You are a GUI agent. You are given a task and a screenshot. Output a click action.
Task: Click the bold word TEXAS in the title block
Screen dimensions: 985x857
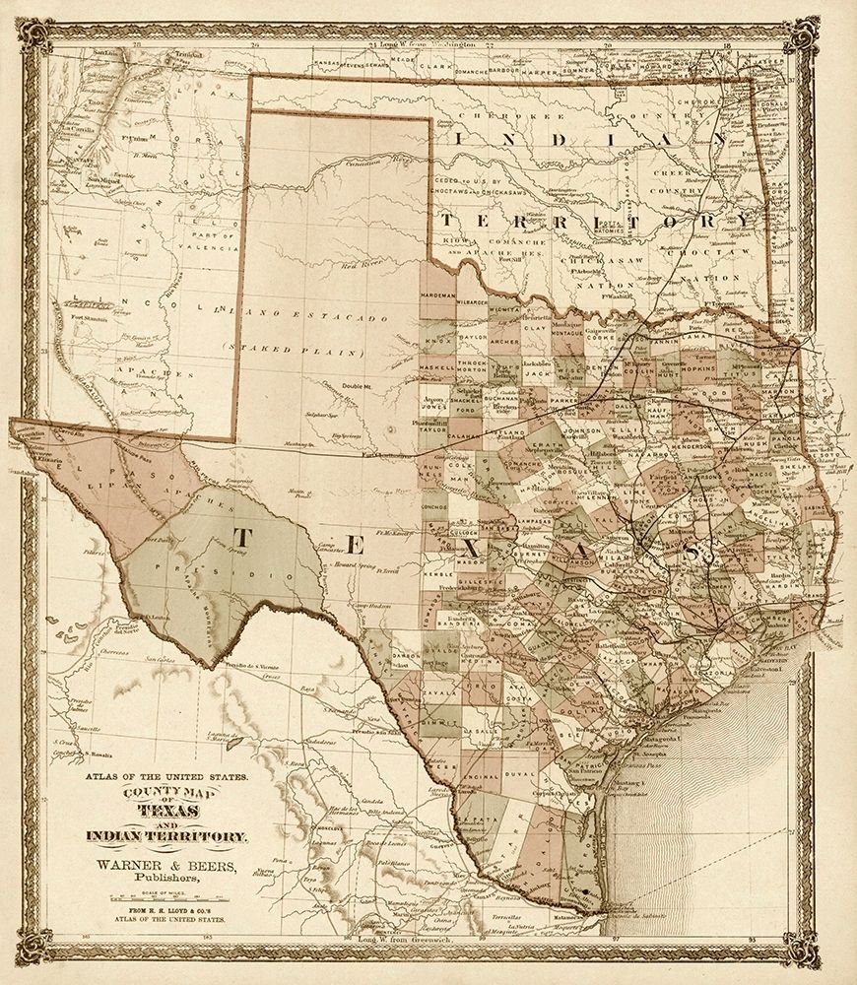point(165,810)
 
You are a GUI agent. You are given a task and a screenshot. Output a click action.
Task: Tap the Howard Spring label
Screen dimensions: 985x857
point(356,568)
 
